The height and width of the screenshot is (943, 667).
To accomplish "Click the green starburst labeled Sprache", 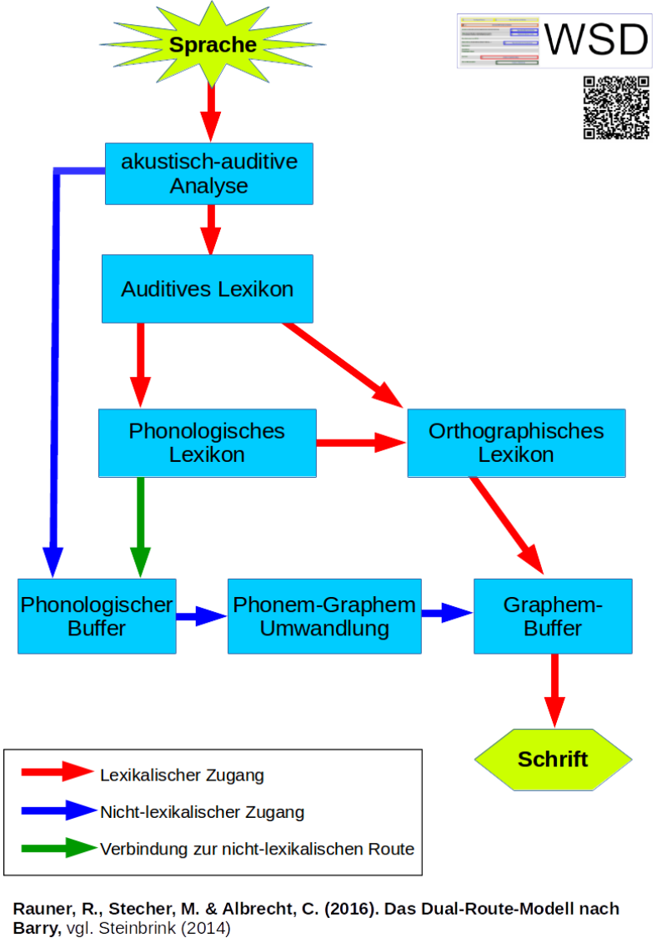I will [213, 45].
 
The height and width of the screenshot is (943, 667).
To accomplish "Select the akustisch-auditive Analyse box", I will [208, 173].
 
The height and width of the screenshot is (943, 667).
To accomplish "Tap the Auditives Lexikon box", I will [207, 289].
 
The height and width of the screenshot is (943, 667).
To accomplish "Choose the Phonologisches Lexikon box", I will [207, 443].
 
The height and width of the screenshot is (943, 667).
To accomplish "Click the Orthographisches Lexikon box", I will [515, 443].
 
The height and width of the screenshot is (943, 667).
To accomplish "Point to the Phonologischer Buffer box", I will [97, 616].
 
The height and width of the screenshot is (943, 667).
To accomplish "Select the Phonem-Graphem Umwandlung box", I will [324, 616].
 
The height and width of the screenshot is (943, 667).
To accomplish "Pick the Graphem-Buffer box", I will [553, 616].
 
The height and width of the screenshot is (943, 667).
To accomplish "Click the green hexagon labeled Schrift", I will [553, 759].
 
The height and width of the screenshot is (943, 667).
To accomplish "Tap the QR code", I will [616, 108].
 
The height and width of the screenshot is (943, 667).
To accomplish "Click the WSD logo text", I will [596, 40].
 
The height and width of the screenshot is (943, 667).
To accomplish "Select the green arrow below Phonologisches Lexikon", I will [140, 525].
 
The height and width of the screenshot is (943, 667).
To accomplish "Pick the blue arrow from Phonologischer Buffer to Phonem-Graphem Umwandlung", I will [201, 616].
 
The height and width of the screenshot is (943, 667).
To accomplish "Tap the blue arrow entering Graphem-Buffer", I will [447, 614].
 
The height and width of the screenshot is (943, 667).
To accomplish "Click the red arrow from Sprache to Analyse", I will [211, 113].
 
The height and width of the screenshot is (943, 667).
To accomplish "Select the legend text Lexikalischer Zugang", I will [182, 775].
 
